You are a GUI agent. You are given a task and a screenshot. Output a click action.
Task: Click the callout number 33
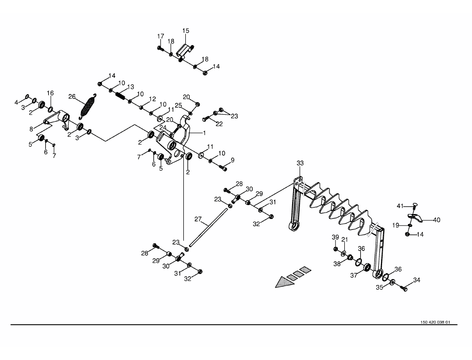(x=300, y=163)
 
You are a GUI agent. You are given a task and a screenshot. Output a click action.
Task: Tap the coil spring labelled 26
(x=88, y=107)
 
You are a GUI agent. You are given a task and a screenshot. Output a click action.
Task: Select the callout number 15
(x=186, y=31)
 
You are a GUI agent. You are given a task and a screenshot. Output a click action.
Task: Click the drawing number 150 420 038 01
(x=435, y=322)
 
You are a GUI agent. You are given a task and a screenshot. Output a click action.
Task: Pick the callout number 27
(x=197, y=219)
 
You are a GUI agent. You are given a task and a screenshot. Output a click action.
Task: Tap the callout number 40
(x=437, y=219)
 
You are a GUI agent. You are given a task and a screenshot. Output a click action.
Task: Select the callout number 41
(x=400, y=206)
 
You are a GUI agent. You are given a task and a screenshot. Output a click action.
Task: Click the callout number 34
(x=416, y=280)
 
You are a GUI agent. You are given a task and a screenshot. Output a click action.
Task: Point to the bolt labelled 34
(x=403, y=287)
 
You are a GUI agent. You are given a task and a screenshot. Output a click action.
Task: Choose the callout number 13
(x=131, y=87)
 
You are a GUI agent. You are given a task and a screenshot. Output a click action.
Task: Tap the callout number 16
(x=50, y=93)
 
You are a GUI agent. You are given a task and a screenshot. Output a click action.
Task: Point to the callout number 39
(x=335, y=237)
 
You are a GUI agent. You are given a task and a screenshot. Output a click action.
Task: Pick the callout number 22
(x=219, y=124)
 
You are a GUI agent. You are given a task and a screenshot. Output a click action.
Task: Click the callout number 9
(x=232, y=159)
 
